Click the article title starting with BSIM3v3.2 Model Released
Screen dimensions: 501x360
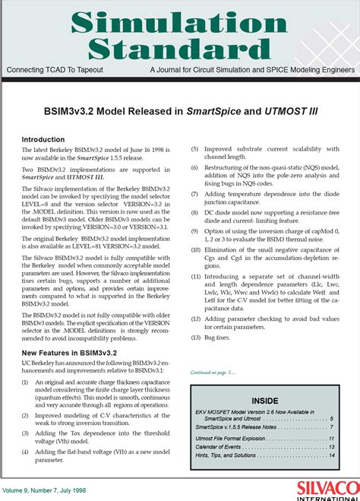(x=179, y=112)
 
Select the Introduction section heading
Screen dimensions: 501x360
(x=44, y=140)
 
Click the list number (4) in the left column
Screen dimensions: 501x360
(x=26, y=452)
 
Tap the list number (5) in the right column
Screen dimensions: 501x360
(x=195, y=149)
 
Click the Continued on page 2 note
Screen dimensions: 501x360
(x=213, y=373)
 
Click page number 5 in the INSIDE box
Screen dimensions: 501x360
(x=331, y=418)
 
